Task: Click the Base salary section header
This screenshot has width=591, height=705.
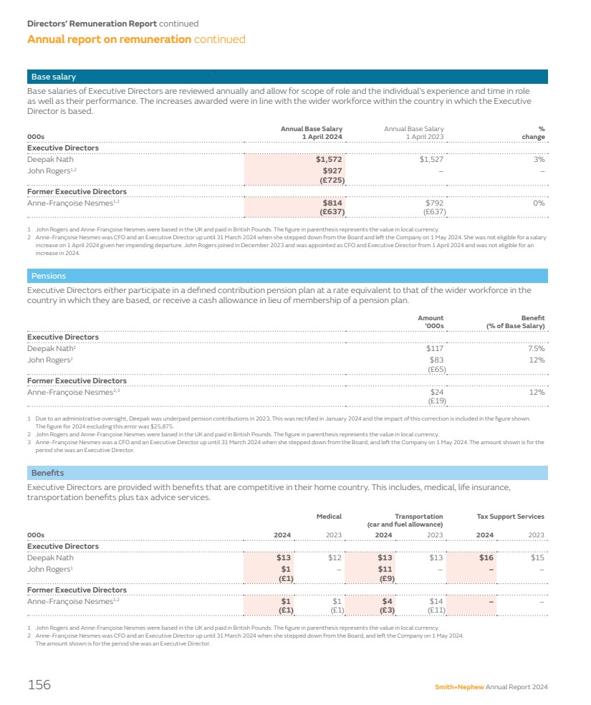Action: pos(53,77)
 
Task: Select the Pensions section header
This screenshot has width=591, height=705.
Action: pos(48,276)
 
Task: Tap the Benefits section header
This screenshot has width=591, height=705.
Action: pos(47,473)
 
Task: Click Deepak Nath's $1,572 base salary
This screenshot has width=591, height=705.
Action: pos(330,160)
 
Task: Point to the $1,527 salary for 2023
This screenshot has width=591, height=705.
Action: pos(431,160)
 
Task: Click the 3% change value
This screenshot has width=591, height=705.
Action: pos(539,160)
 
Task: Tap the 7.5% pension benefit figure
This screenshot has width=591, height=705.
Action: pos(534,348)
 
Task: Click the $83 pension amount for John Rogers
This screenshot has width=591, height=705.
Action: pos(436,360)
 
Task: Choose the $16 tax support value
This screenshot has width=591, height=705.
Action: pos(488,557)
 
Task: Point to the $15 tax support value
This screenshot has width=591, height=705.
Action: pos(538,557)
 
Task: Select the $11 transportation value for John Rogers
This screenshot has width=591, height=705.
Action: pos(386,569)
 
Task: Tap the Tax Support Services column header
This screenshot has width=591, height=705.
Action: pos(510,517)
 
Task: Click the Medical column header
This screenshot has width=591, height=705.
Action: pos(329,517)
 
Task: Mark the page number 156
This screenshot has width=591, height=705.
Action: pos(39,685)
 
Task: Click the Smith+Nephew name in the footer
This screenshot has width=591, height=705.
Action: pos(459,687)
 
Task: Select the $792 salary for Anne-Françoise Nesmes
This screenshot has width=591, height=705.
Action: pos(434,203)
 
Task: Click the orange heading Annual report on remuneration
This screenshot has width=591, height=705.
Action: pos(109,39)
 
